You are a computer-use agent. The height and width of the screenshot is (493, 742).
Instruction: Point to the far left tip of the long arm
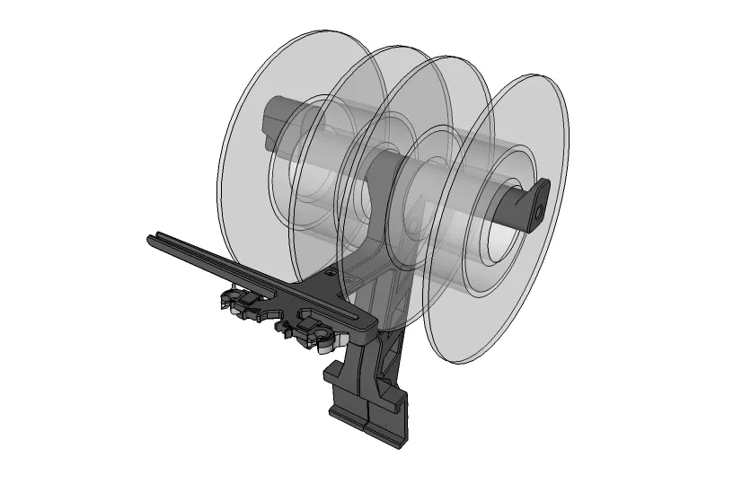coord(151,239)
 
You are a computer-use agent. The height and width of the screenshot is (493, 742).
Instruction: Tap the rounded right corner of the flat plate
coord(367,322)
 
